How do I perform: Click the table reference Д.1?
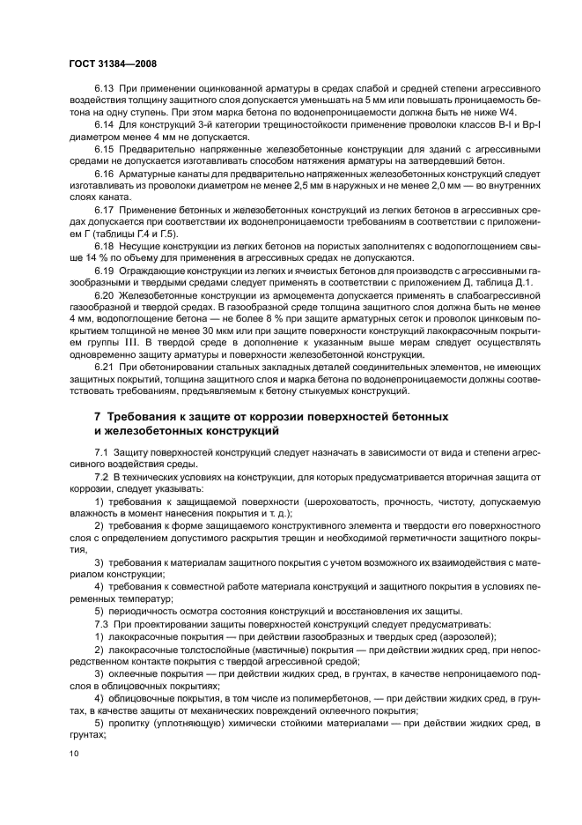tap(505, 282)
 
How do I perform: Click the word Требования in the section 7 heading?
tap(144, 415)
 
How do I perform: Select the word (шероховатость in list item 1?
tap(302, 501)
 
